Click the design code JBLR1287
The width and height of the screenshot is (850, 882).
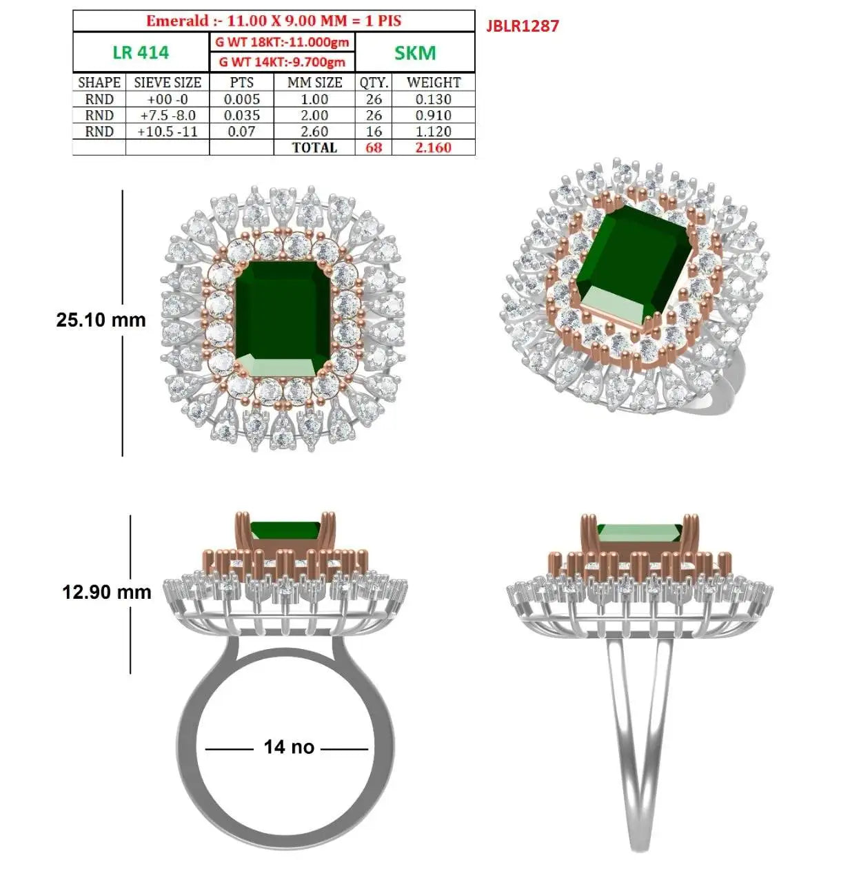click(523, 25)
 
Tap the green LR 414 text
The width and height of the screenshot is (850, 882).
click(141, 52)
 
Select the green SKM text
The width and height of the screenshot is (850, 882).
click(415, 53)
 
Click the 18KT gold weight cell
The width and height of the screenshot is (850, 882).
click(282, 42)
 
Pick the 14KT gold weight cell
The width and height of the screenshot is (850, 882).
click(282, 61)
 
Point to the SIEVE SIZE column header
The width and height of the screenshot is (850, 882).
click(168, 83)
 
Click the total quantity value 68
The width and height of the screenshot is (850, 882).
click(374, 147)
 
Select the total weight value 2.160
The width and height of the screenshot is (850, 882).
click(434, 147)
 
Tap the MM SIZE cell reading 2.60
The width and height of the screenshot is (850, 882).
click(314, 132)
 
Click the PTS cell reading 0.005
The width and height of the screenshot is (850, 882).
click(242, 99)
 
